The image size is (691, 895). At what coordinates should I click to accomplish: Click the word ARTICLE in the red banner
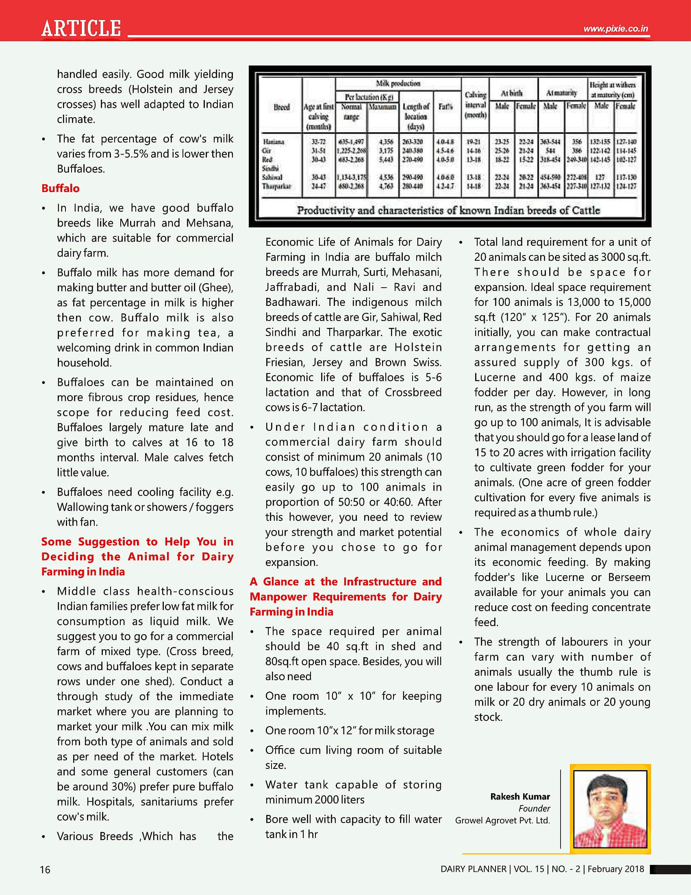click(81, 28)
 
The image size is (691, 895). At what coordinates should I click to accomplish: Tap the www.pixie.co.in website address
click(616, 29)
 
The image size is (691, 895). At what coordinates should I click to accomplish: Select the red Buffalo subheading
click(61, 188)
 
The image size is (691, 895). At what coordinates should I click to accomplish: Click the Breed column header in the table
click(282, 107)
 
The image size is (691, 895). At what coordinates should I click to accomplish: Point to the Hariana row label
click(274, 142)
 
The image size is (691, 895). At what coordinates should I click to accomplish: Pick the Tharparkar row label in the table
click(277, 186)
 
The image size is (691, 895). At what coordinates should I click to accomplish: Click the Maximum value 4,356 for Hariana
click(386, 142)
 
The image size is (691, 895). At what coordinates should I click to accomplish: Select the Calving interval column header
click(475, 105)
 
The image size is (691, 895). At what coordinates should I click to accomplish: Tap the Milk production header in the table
click(398, 83)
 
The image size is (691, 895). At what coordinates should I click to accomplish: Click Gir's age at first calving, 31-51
click(319, 151)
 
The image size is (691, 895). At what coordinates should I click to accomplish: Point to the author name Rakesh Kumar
click(520, 796)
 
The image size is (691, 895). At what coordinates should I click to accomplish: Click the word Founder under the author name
click(534, 808)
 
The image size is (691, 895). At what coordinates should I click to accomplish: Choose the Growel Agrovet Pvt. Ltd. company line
click(502, 820)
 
